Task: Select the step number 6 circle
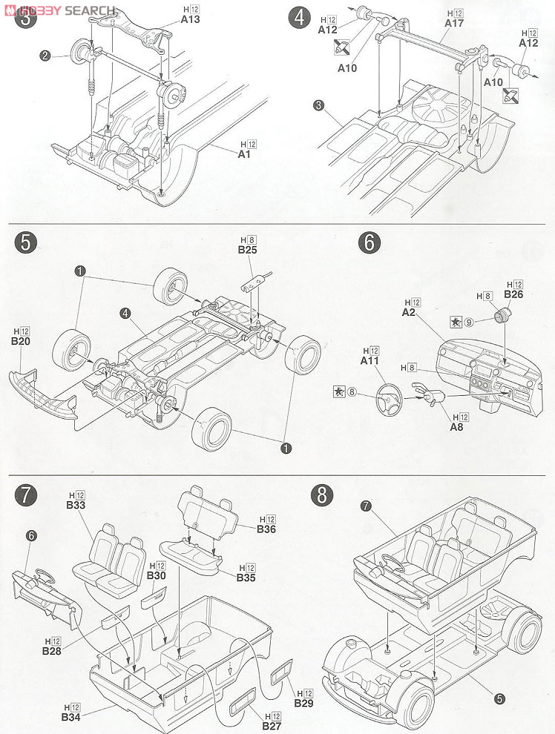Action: click(x=369, y=243)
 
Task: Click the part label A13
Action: click(x=191, y=20)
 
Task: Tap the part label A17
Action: click(x=454, y=24)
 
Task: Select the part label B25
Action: click(x=247, y=251)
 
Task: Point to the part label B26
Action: click(x=513, y=294)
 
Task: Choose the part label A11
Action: click(x=370, y=360)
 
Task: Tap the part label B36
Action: click(x=266, y=529)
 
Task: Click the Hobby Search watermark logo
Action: click(x=63, y=10)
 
